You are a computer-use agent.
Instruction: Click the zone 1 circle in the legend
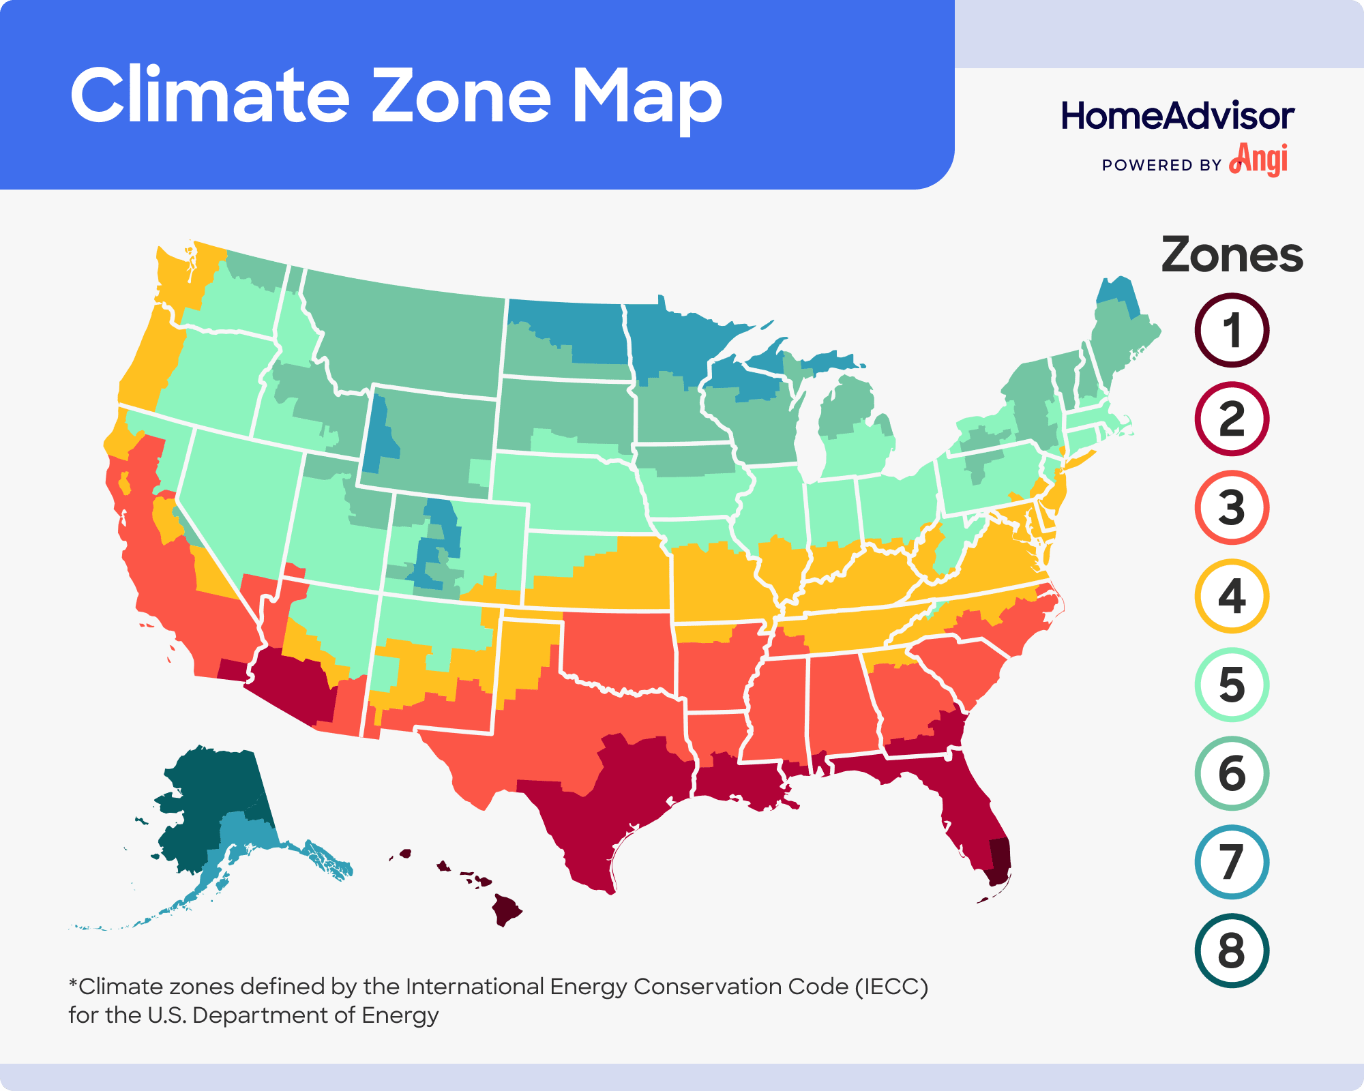pyautogui.click(x=1232, y=331)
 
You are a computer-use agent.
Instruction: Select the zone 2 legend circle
pyautogui.click(x=1232, y=419)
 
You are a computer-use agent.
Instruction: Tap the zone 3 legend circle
pyautogui.click(x=1232, y=508)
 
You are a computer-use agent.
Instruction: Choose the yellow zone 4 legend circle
pyautogui.click(x=1232, y=597)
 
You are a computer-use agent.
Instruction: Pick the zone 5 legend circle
pyautogui.click(x=1232, y=685)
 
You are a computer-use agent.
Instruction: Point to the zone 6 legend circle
pyautogui.click(x=1232, y=773)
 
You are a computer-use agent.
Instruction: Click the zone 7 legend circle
pyautogui.click(x=1232, y=862)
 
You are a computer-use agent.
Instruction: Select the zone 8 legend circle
pyautogui.click(x=1232, y=951)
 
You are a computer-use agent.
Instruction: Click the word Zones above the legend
pyautogui.click(x=1232, y=255)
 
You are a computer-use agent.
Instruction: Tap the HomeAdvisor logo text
pyautogui.click(x=1177, y=116)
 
